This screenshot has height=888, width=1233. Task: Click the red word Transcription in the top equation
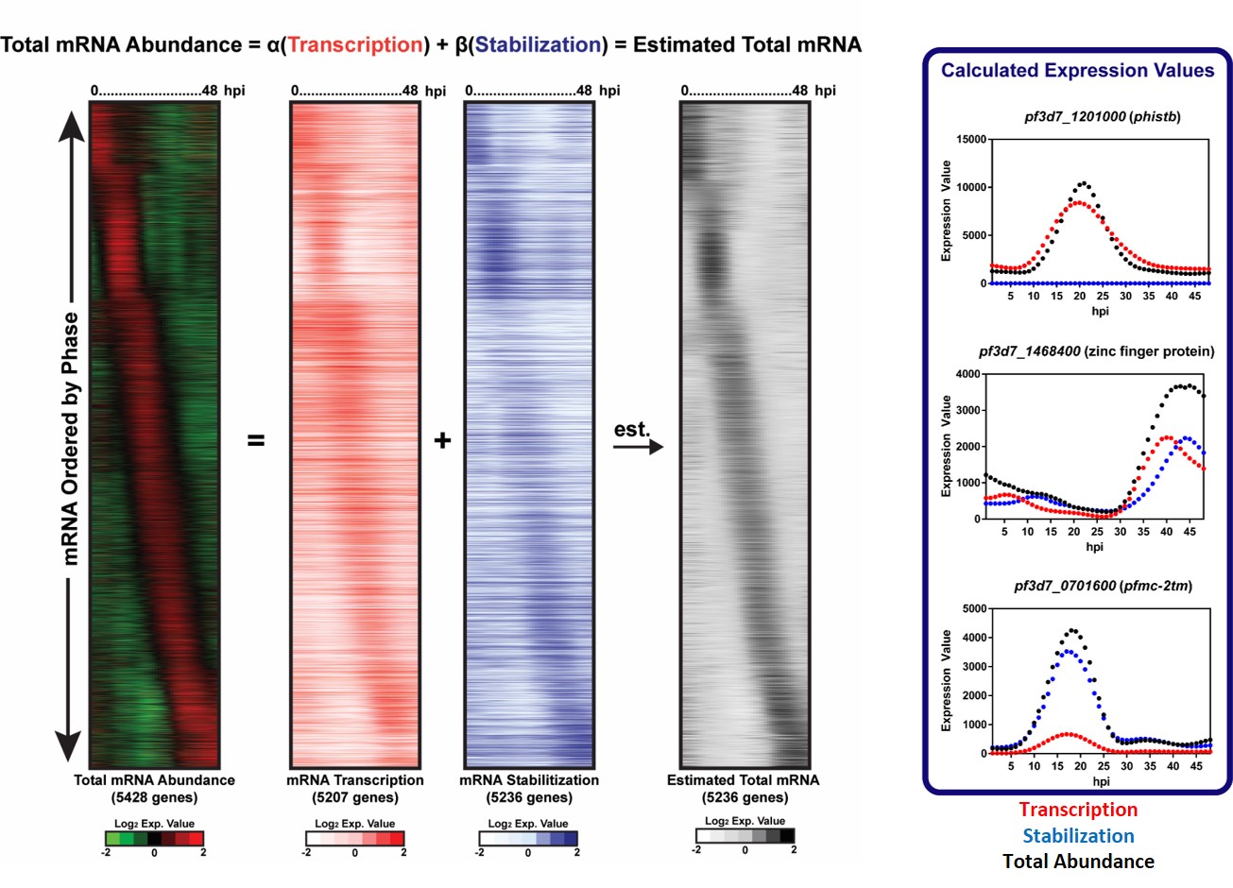pos(355,44)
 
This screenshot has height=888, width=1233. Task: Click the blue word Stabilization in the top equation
pos(539,44)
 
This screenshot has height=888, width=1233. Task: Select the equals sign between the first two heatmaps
pos(256,440)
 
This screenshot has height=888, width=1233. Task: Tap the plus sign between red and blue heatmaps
pos(442,440)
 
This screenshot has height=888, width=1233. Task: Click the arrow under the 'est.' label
pos(638,447)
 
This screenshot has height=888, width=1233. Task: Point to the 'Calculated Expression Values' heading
pos(1077,71)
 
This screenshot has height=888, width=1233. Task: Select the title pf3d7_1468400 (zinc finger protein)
pos(1096,351)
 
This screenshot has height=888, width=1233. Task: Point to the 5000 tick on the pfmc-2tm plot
pos(972,608)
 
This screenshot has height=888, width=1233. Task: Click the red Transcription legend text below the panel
pos(1078,810)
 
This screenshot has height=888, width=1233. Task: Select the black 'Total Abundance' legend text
pos(1078,862)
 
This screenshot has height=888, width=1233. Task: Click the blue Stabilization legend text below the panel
pos(1078,836)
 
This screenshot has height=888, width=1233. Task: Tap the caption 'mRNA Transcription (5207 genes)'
pos(355,788)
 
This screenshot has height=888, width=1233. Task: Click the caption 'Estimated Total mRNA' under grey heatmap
pos(743,780)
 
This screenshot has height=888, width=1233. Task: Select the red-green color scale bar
pos(154,838)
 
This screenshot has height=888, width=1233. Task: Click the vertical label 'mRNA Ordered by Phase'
pos(71,439)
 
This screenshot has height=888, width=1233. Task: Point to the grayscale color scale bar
pos(745,836)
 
